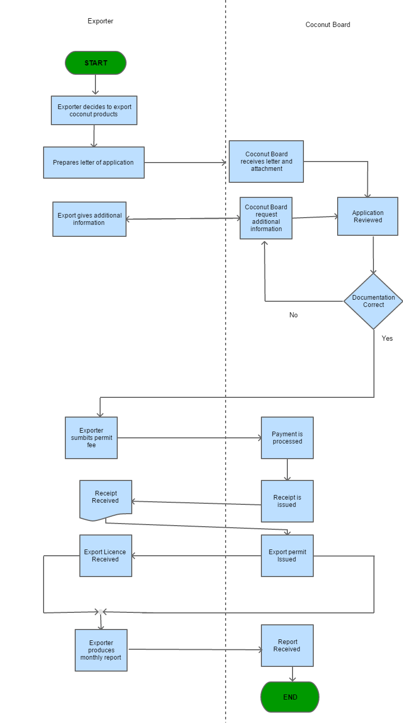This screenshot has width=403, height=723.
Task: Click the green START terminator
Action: coord(95,63)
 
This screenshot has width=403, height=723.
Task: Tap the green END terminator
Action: coord(290,697)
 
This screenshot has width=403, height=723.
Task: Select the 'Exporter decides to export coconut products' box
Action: coord(94,111)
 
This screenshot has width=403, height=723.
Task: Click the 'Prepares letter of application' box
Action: coord(93,163)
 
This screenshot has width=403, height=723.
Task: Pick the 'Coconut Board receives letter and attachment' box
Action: coord(266,162)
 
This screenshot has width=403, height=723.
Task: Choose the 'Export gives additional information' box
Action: coord(89,219)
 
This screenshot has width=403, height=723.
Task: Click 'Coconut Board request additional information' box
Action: coord(266,218)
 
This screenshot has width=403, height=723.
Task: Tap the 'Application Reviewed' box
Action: coord(367,217)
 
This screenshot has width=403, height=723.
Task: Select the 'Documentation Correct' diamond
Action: coord(373,301)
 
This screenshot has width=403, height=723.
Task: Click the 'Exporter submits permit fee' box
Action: coord(91,438)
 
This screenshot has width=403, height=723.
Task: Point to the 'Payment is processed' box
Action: coord(287,438)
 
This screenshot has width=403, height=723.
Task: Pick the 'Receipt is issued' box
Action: coord(287,501)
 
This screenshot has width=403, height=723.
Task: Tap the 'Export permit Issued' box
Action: coord(287,556)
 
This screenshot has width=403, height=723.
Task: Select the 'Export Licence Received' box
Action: coord(105,556)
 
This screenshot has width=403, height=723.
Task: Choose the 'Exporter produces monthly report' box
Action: coord(101,650)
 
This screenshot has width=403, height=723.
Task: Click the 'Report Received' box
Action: coord(287,646)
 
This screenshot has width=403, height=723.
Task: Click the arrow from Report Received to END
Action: coord(293,674)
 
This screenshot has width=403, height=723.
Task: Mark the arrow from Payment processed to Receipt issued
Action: coord(287,470)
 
